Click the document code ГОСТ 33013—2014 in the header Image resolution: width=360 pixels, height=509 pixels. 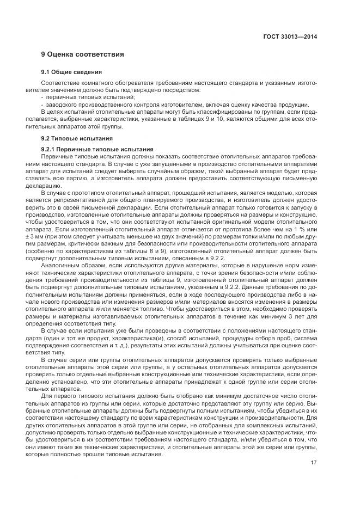pyautogui.click(x=290, y=37)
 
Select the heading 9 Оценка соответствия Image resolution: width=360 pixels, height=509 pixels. pyautogui.click(x=83, y=54)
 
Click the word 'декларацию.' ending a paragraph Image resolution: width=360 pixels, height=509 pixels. pyautogui.click(x=58, y=185)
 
